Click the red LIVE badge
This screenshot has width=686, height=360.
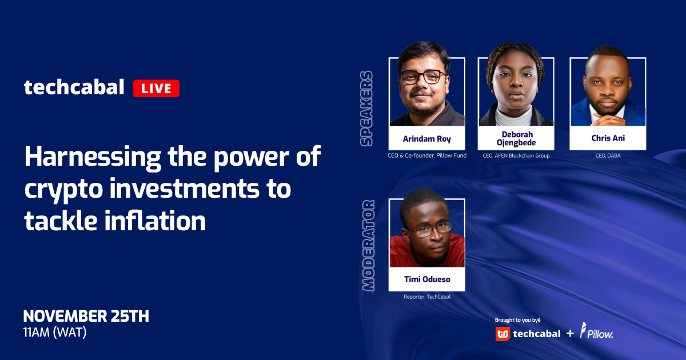tap(156, 88)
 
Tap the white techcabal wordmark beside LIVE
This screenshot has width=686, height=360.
tap(74, 87)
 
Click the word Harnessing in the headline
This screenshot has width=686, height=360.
tap(93, 157)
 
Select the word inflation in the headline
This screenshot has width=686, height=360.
tap(155, 221)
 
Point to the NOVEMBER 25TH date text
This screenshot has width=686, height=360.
tap(86, 316)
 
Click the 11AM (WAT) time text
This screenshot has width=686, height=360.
tap(55, 333)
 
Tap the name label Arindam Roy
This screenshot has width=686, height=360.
tap(426, 139)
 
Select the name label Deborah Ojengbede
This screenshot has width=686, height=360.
tap(516, 138)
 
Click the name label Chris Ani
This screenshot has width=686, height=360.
tap(608, 138)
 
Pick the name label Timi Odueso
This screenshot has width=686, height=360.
tap(427, 279)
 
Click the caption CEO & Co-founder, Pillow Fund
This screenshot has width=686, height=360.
tap(427, 155)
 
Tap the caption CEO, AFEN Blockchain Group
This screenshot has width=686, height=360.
tap(516, 155)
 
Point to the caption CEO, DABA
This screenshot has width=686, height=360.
tap(608, 155)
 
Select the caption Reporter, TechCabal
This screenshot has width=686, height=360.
tap(427, 297)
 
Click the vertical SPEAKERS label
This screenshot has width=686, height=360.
tap(366, 109)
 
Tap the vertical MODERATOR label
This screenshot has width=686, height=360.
tap(368, 246)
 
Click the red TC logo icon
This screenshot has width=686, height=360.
tap(502, 334)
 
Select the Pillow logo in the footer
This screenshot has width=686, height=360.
tap(597, 331)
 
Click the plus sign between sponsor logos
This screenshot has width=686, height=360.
tap(570, 333)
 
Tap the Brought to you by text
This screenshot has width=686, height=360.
tap(517, 320)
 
